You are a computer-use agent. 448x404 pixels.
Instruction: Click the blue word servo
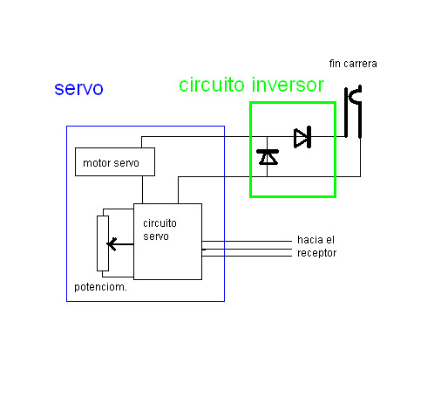point(78,89)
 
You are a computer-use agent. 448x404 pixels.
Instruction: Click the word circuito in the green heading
point(212,85)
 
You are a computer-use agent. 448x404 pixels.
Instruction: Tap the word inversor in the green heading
point(288,85)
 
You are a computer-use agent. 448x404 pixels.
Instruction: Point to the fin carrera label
point(353,64)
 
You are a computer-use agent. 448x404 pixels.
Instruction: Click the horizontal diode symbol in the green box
point(302,137)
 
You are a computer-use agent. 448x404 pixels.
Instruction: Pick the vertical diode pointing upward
point(268,157)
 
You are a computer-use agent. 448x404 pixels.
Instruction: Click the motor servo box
point(115,161)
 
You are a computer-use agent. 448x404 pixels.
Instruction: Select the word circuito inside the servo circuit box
point(160,223)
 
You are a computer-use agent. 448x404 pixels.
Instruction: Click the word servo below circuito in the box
point(156,236)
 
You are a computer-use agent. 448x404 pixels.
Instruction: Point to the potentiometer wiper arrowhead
point(112,244)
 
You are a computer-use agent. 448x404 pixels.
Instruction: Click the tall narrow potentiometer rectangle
point(103,243)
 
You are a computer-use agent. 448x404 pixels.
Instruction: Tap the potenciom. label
point(100,287)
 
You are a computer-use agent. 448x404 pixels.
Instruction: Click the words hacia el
point(316,240)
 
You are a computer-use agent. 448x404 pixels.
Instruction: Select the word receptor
point(316,253)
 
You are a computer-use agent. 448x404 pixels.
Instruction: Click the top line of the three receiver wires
point(247,241)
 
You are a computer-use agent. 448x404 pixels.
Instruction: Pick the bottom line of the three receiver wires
point(247,257)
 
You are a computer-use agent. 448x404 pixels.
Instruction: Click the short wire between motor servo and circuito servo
point(142,189)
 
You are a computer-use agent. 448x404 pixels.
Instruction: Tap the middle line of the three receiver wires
point(247,249)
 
